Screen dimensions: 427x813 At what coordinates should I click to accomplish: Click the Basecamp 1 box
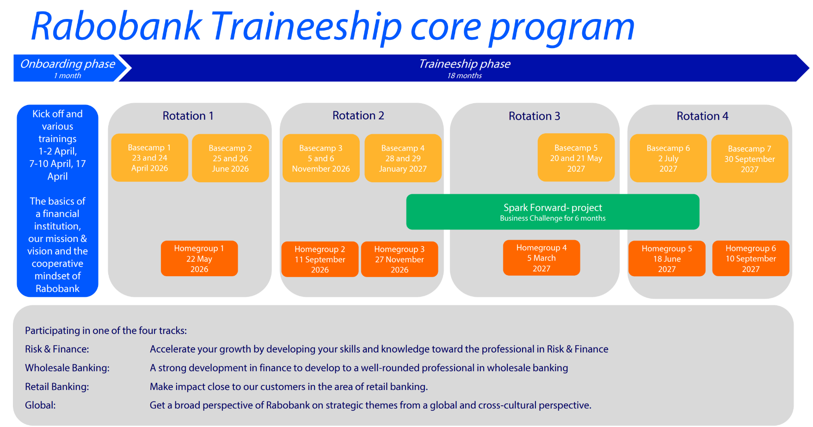click(x=149, y=158)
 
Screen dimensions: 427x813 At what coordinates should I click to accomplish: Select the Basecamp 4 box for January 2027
click(x=403, y=158)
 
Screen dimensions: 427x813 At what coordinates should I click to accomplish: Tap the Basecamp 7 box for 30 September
click(x=749, y=159)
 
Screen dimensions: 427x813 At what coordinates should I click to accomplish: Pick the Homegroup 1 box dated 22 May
click(x=199, y=259)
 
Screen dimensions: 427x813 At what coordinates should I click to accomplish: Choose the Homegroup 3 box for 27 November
click(x=399, y=259)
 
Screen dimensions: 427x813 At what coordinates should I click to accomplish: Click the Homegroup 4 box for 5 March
click(x=541, y=258)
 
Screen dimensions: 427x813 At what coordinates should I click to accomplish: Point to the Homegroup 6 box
click(x=751, y=259)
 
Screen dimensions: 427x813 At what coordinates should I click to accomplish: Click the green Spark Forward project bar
click(x=553, y=212)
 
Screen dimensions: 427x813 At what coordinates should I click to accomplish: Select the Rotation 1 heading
click(x=188, y=116)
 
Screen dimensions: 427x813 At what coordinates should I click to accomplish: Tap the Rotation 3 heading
click(x=534, y=116)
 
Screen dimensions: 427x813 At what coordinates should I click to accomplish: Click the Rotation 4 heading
click(x=702, y=116)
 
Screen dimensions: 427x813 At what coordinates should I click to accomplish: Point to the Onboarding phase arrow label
click(x=68, y=64)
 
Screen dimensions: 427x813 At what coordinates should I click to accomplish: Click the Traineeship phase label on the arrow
click(x=464, y=64)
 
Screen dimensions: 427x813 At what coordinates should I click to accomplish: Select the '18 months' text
click(x=464, y=76)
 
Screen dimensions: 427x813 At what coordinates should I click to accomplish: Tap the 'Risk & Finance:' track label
click(x=57, y=349)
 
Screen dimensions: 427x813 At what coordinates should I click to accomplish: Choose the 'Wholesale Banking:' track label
click(x=67, y=368)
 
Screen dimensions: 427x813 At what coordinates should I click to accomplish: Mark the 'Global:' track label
click(x=40, y=405)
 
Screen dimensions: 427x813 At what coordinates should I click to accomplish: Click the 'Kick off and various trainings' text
click(x=57, y=126)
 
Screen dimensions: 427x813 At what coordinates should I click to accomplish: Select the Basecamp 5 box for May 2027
click(x=576, y=158)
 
